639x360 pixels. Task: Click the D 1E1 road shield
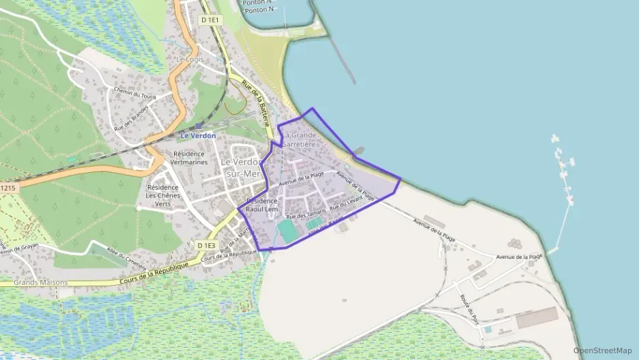[210, 20]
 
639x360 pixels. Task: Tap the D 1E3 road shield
[206, 245]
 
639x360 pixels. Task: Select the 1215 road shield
[8, 187]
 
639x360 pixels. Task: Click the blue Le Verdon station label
[198, 135]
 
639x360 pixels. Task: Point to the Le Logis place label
[190, 59]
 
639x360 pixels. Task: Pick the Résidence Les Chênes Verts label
[163, 195]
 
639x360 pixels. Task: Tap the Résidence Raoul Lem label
[261, 205]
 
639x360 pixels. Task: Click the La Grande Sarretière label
[301, 140]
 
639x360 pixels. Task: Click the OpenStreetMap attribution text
[602, 350]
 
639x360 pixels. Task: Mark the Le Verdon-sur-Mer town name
[242, 168]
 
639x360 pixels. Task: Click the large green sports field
[287, 230]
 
